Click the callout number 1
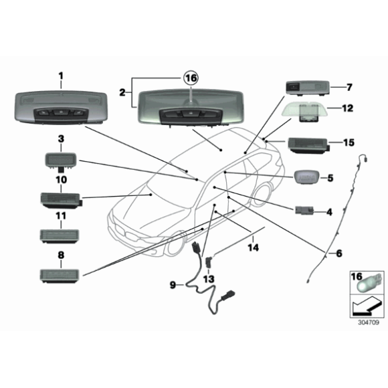click(x=61, y=76)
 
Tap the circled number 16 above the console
click(x=191, y=78)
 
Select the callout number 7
click(x=349, y=88)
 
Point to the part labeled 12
click(x=305, y=112)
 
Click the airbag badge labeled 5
click(x=306, y=177)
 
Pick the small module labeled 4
click(x=304, y=211)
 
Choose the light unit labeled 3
click(x=60, y=162)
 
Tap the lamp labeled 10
click(x=62, y=201)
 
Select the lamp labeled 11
click(x=60, y=236)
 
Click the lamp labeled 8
click(x=60, y=276)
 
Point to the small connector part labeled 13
click(x=209, y=262)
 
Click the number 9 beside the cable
click(x=173, y=285)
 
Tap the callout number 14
click(x=254, y=248)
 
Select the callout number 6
click(x=338, y=253)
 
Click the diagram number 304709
click(x=369, y=322)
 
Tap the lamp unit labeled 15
click(x=309, y=146)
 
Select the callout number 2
click(x=122, y=93)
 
